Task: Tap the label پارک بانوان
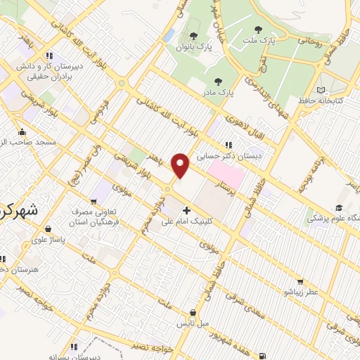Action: coord(193,47)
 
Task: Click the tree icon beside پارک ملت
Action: coord(258,30)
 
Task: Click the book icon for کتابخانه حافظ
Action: coord(321,90)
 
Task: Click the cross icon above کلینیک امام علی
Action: coord(186,210)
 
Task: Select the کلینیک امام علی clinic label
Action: coord(187,221)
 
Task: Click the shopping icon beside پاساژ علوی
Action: coord(47,229)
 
